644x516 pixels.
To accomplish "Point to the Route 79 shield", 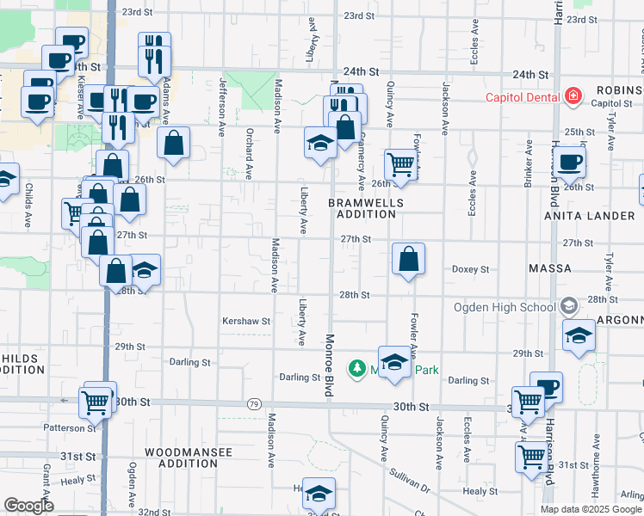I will [253, 403].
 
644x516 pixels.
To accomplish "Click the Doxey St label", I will [471, 269].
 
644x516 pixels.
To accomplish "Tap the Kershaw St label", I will [245, 321].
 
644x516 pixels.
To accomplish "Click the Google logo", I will [29, 507].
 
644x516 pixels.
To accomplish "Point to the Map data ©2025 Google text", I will [591, 509].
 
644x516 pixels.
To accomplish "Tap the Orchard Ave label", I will [248, 156].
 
